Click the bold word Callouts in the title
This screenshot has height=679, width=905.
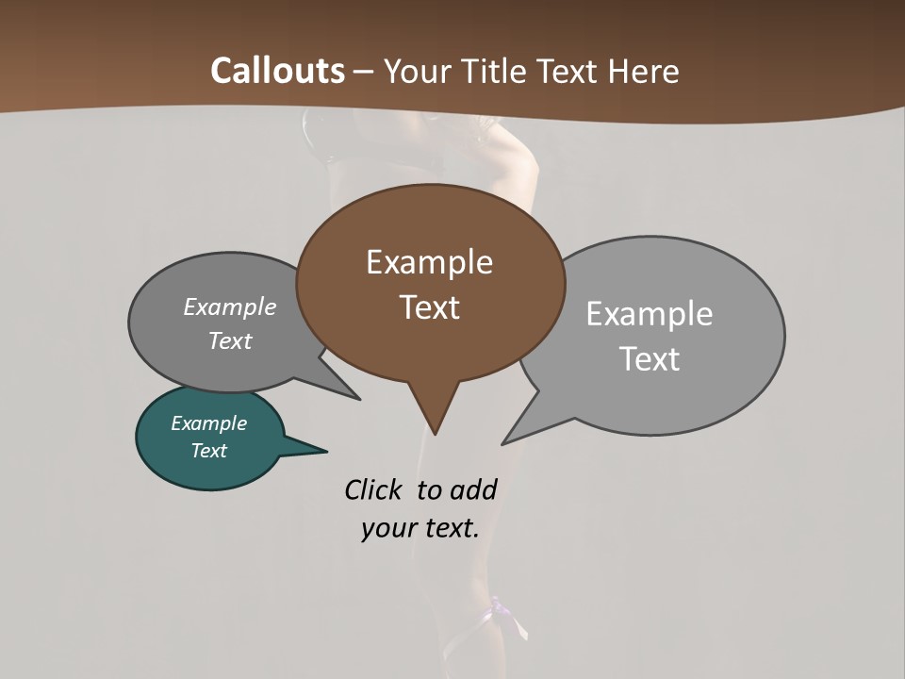pos(278,71)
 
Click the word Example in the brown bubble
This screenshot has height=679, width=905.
pos(429,262)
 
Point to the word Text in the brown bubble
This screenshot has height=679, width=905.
pos(429,307)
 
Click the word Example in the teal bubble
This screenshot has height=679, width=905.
pos(208,423)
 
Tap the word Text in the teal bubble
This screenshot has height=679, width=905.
pos(208,451)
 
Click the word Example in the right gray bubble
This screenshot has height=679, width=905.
pos(650,314)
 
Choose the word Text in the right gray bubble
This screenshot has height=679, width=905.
pos(650,359)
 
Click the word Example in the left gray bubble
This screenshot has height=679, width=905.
pos(230,306)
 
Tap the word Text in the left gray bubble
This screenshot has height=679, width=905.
pos(230,340)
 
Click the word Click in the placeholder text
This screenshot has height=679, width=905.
pos(372,489)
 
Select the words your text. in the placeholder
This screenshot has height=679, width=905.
pos(420,528)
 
